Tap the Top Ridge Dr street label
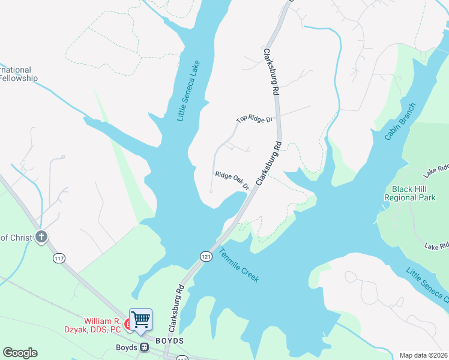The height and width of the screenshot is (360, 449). (254, 119)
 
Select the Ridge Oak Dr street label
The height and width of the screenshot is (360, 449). (232, 180)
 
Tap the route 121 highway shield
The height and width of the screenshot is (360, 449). (206, 256)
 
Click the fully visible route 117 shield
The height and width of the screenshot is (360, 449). (58, 258)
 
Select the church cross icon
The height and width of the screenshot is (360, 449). (41, 237)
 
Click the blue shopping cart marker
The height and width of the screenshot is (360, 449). (140, 319)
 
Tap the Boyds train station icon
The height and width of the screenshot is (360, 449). (144, 347)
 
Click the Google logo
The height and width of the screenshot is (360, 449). (20, 353)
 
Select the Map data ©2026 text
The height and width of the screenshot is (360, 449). (423, 355)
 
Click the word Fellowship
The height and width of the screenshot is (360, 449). (19, 79)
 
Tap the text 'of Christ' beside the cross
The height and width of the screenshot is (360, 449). (16, 238)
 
